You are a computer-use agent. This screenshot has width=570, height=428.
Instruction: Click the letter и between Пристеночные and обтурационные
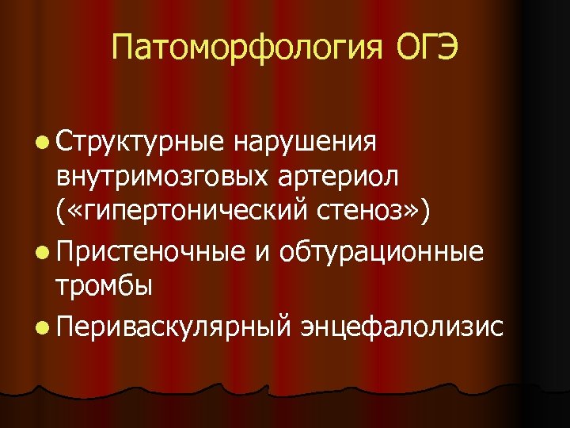(x=264, y=254)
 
